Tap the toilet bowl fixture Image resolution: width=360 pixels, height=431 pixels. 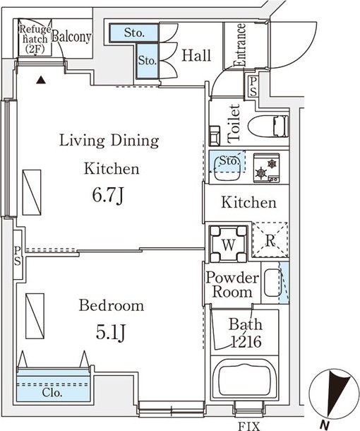pyautogui.click(x=268, y=126)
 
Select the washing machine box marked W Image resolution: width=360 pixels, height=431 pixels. pyautogui.click(x=228, y=244)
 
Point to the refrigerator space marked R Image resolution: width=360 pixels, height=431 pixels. pyautogui.click(x=270, y=240)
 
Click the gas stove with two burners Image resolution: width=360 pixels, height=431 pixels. pyautogui.click(x=266, y=168)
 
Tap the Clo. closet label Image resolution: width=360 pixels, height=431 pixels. pyautogui.click(x=52, y=393)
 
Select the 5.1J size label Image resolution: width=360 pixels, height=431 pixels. pyautogui.click(x=111, y=332)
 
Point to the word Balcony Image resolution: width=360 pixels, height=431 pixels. pyautogui.click(x=71, y=36)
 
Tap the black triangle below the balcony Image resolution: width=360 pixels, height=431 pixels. pyautogui.click(x=41, y=80)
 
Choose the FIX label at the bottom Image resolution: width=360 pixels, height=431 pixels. pyautogui.click(x=248, y=426)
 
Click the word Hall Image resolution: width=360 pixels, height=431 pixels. pyautogui.click(x=197, y=55)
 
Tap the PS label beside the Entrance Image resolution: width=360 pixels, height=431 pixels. pyautogui.click(x=253, y=86)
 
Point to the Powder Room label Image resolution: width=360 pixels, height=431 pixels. pyautogui.click(x=232, y=285)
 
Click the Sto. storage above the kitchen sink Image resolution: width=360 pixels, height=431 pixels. pyautogui.click(x=227, y=160)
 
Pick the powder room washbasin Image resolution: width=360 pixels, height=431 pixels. pyautogui.click(x=272, y=283)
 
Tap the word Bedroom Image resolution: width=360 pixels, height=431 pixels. pyautogui.click(x=112, y=305)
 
